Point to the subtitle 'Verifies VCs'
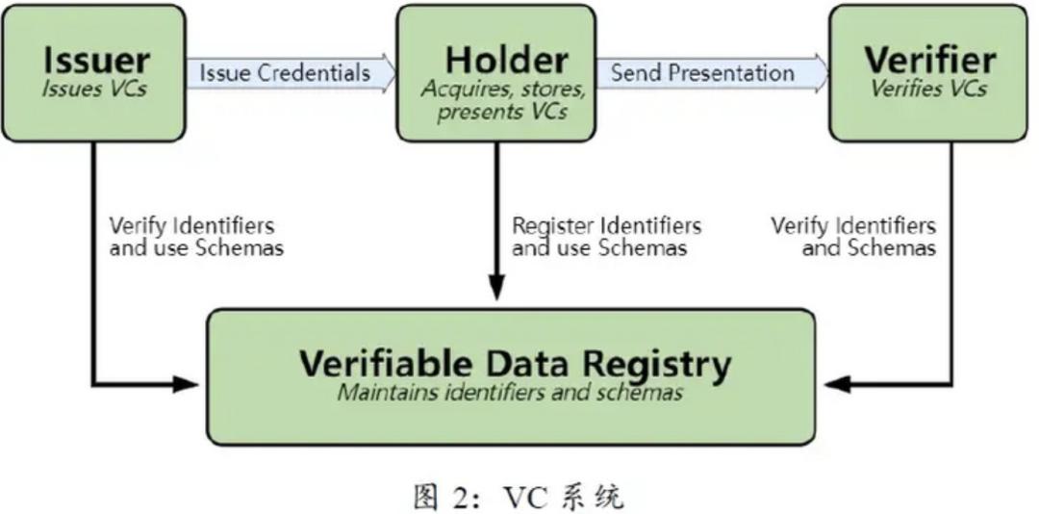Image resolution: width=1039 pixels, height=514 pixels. click(929, 89)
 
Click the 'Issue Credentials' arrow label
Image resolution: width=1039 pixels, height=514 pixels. click(285, 72)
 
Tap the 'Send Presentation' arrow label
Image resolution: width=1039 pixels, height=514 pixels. click(702, 72)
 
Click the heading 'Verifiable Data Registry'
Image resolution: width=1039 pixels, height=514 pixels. click(515, 365)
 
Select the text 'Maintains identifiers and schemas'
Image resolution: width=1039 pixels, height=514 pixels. click(510, 393)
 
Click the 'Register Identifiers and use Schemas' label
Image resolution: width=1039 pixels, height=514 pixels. click(606, 237)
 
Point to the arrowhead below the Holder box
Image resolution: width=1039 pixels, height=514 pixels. click(496, 288)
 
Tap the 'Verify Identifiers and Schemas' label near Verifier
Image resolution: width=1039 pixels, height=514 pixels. click(853, 237)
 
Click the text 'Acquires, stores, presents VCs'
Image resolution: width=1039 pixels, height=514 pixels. click(502, 100)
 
